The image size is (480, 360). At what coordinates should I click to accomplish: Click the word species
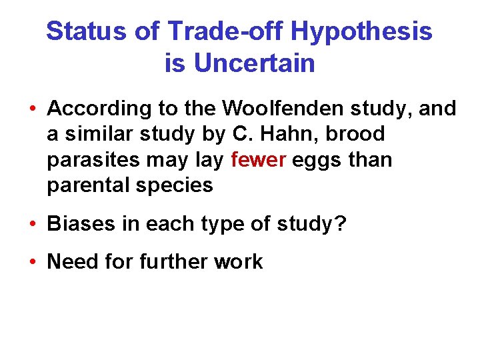[174, 185]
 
